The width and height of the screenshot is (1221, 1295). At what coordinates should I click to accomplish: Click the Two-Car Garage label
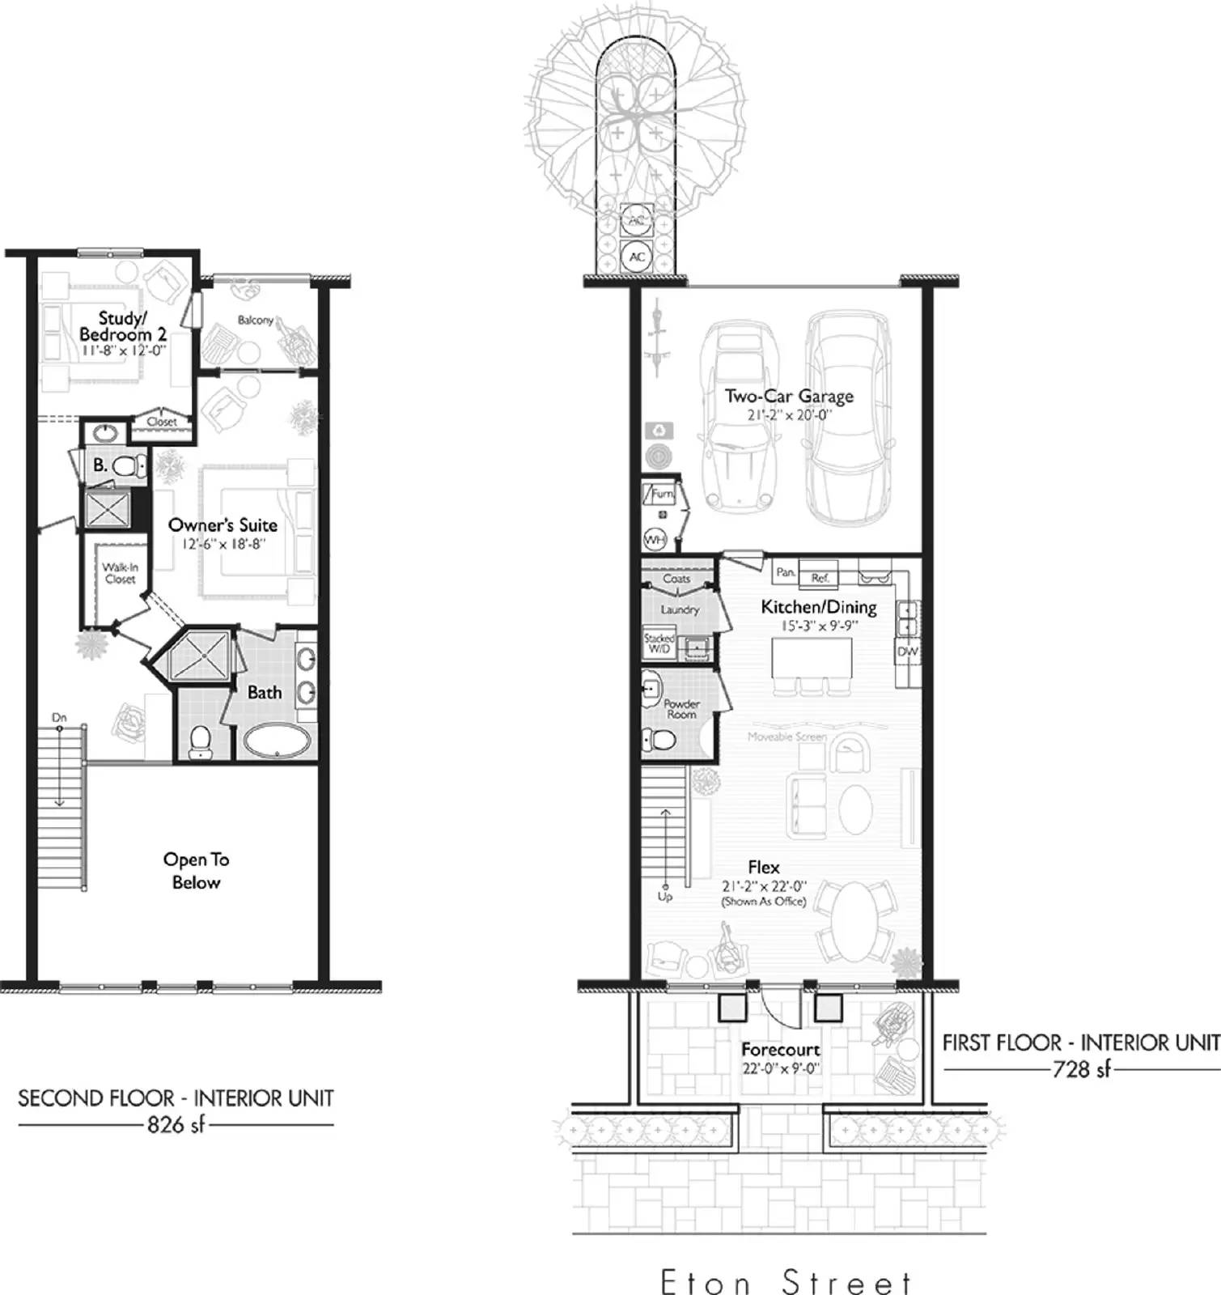[789, 397]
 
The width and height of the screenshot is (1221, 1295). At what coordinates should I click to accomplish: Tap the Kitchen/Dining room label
[819, 607]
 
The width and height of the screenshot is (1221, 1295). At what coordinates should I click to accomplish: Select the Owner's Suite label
[223, 525]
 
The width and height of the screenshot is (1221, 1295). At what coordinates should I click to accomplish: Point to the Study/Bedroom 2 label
[123, 326]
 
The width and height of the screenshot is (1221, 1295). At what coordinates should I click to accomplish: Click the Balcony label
[256, 321]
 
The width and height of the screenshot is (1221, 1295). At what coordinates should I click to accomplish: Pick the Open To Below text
[196, 871]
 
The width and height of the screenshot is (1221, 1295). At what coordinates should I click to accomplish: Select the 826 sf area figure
[176, 1124]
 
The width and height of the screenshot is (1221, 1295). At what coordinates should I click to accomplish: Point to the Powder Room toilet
[659, 740]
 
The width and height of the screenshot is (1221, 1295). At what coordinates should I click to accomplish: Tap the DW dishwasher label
[907, 652]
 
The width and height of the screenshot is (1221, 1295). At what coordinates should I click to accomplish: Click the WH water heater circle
[654, 539]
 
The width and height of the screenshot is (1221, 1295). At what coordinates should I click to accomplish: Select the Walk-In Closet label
[120, 573]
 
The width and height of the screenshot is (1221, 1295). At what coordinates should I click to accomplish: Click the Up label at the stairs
[665, 897]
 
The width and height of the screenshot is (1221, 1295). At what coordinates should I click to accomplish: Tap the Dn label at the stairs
[59, 718]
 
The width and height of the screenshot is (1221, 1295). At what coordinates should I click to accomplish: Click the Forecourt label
[781, 1050]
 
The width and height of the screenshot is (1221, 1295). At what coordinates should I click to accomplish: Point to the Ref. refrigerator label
[820, 578]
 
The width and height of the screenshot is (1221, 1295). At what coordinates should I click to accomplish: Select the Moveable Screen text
[786, 737]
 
